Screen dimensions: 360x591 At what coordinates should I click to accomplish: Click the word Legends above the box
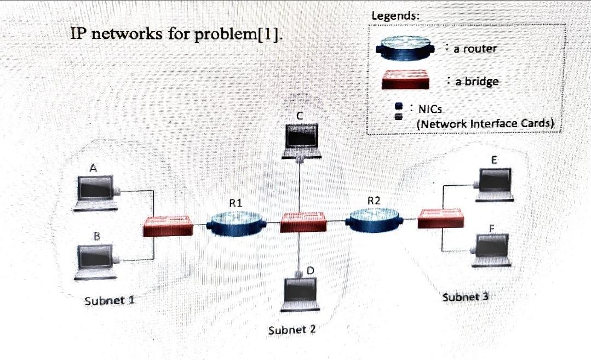pyautogui.click(x=395, y=16)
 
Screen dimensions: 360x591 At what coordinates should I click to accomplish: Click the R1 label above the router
pyautogui.click(x=236, y=202)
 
